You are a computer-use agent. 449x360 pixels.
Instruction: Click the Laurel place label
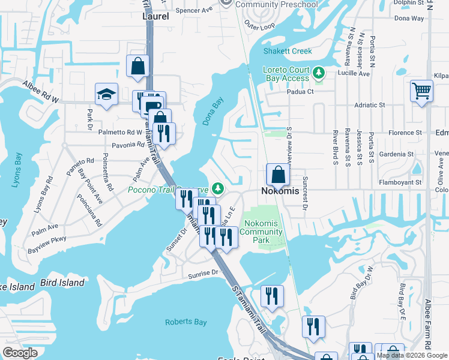pos(155,17)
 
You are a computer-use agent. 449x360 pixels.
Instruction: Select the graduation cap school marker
pos(106,94)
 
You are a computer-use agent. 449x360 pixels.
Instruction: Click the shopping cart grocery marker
pos(421,92)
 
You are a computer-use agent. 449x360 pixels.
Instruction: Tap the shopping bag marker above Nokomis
pos(278,175)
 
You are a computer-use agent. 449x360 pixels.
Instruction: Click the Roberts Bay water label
pos(186,322)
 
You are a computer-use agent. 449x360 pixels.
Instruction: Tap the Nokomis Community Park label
pos(261,232)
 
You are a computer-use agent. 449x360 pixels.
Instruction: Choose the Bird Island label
pos(62,283)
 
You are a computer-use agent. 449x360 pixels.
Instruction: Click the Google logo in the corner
pos(20,353)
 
